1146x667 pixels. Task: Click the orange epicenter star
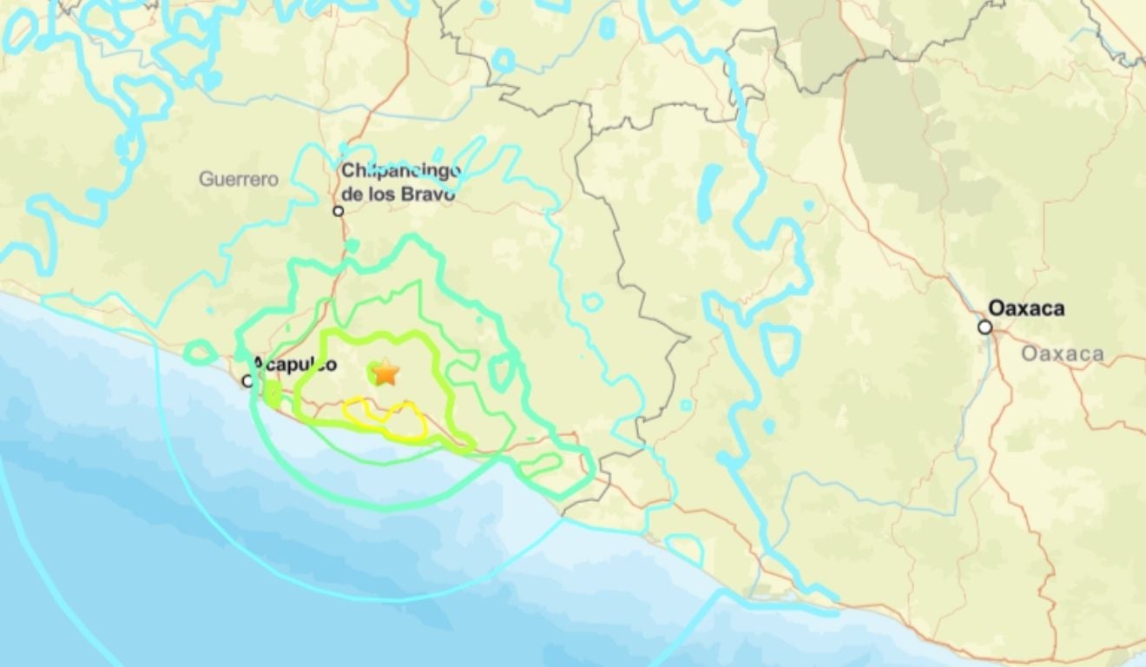pyautogui.click(x=385, y=373)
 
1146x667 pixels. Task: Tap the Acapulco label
pyautogui.click(x=294, y=365)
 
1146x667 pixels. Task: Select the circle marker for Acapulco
pyautogui.click(x=248, y=380)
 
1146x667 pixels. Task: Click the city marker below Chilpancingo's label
pyautogui.click(x=339, y=211)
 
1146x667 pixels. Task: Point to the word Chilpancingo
pyautogui.click(x=400, y=171)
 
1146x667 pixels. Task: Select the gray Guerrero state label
pyautogui.click(x=239, y=180)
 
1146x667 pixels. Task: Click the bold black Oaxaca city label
pyautogui.click(x=1026, y=308)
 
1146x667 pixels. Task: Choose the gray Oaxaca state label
pyautogui.click(x=1063, y=353)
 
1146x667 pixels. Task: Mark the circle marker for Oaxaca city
pyautogui.click(x=985, y=327)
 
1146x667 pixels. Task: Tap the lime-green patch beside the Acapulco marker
pyautogui.click(x=273, y=395)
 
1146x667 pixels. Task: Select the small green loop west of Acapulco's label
pyautogui.click(x=201, y=352)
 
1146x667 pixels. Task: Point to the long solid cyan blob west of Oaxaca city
pyautogui.click(x=708, y=193)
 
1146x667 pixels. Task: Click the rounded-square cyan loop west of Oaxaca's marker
pyautogui.click(x=780, y=348)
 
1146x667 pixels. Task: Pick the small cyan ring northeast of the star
pyautogui.click(x=592, y=302)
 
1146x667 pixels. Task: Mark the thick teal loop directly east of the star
pyautogui.click(x=503, y=372)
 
